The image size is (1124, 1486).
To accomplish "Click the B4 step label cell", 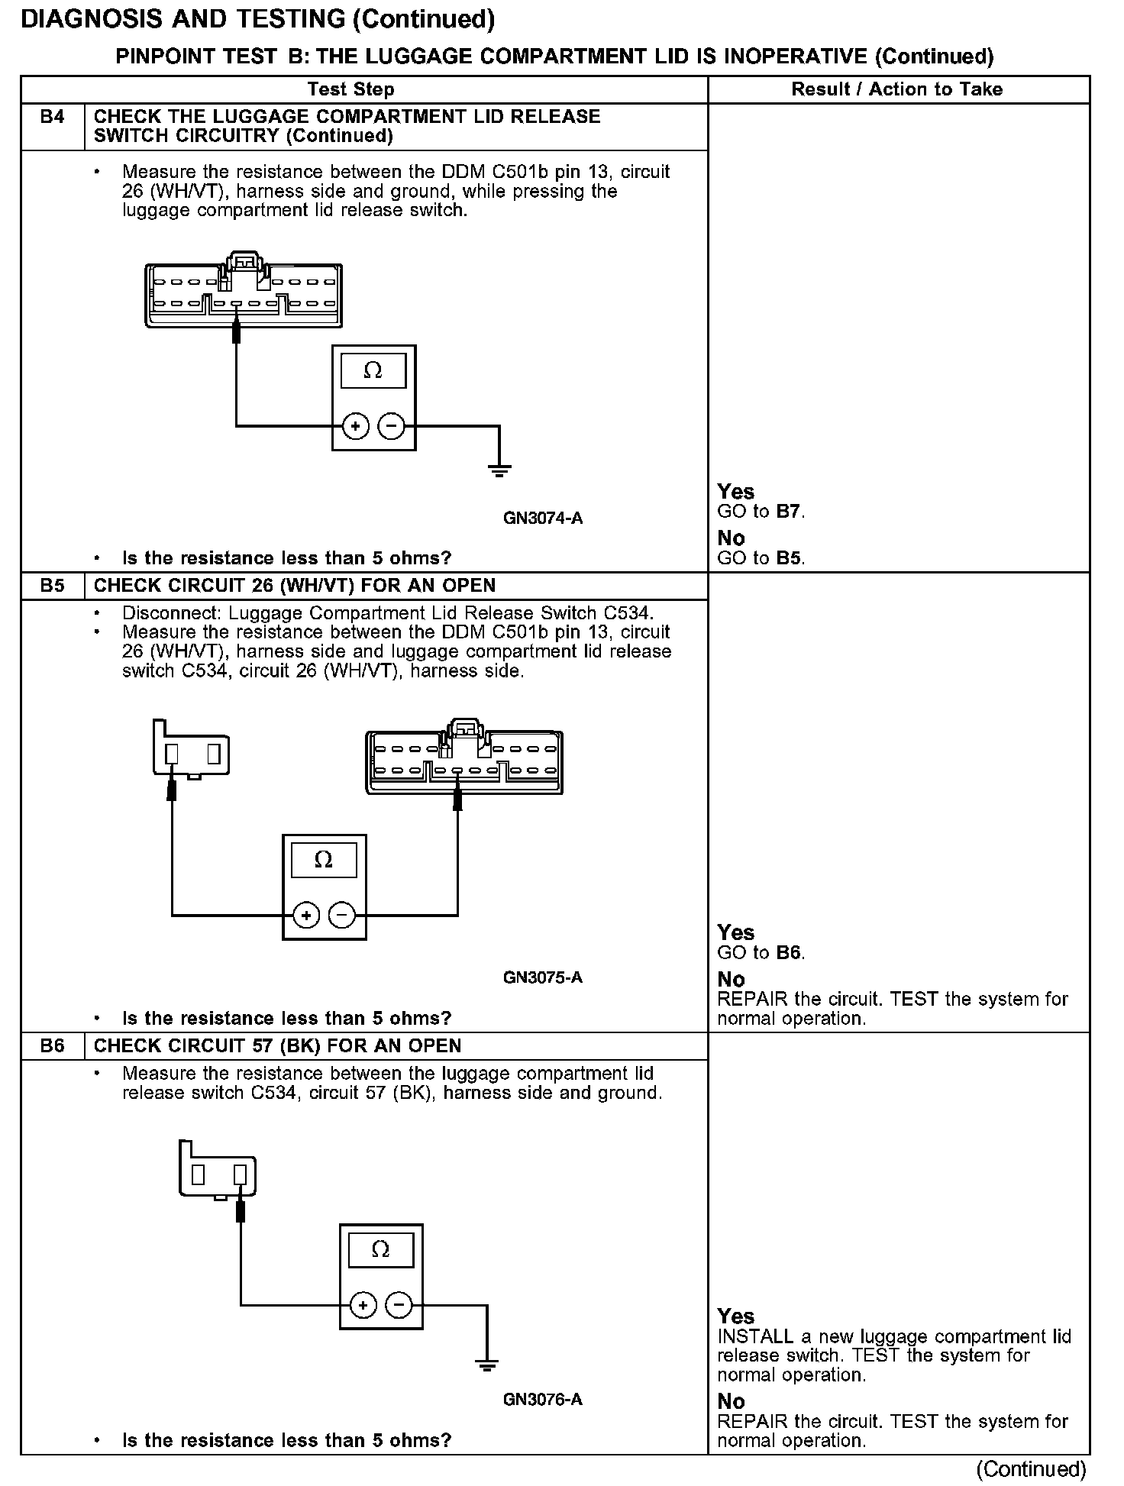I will pos(52,118).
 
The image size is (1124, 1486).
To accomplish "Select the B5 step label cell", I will pos(52,586).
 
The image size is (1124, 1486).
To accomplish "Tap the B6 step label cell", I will pos(52,1045).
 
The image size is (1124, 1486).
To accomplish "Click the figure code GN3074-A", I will pos(542,518).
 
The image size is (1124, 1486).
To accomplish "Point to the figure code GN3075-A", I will pos(542,977).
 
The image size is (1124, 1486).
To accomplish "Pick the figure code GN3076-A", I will pos(542,1399).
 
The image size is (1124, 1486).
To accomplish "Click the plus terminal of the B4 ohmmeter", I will pos(355,426).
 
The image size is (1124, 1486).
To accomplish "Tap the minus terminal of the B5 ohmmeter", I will pos(342,915).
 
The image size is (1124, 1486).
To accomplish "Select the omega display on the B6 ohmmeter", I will pos(380,1249).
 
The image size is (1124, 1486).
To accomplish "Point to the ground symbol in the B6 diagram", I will pos(486,1365).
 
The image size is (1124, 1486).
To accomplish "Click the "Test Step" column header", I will pos(350,89).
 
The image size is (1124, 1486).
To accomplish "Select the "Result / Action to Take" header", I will pos(896,89).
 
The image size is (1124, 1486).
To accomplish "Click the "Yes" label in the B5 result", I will pos(735,932).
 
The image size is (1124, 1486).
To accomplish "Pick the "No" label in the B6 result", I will pos(731,1400).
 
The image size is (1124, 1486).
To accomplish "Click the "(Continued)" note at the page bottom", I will pos(1030,1468).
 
